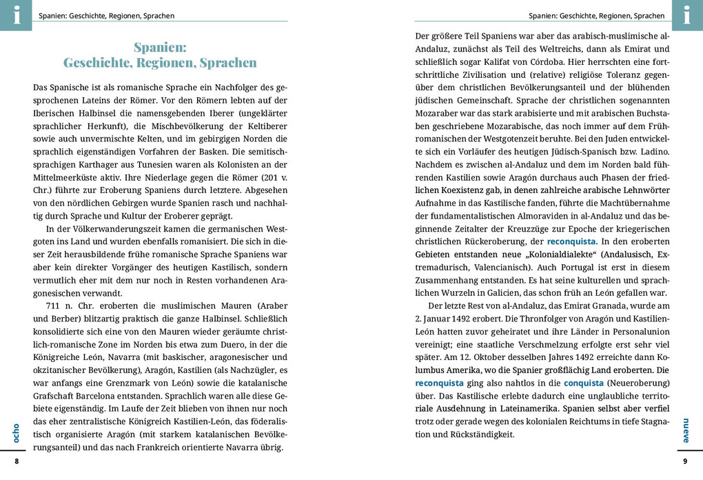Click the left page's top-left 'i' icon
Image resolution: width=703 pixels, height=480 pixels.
pyautogui.click(x=16, y=15)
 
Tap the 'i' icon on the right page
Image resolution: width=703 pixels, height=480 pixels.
pyautogui.click(x=686, y=15)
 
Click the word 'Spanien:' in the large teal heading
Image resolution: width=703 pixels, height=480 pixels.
pyautogui.click(x=160, y=48)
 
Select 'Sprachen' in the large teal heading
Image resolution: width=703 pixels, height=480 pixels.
pyautogui.click(x=227, y=63)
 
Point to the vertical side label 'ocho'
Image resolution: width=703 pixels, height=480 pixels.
pyautogui.click(x=16, y=432)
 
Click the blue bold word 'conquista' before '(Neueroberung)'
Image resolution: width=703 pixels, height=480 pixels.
pyautogui.click(x=584, y=383)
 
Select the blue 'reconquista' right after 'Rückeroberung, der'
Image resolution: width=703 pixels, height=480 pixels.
pyautogui.click(x=572, y=241)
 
